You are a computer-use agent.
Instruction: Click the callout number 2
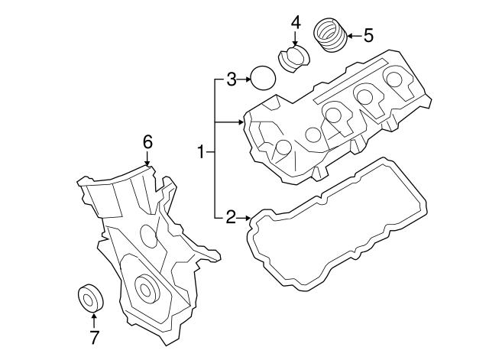[x=230, y=219]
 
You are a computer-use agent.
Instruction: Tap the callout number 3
[x=231, y=78]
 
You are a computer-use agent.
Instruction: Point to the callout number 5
[x=368, y=34]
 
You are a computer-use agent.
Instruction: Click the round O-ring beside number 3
[x=263, y=78]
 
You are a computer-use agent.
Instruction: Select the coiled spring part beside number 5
[x=332, y=35]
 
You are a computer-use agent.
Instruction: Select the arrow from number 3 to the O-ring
[x=245, y=78]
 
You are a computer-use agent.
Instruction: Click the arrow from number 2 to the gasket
[x=244, y=219]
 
